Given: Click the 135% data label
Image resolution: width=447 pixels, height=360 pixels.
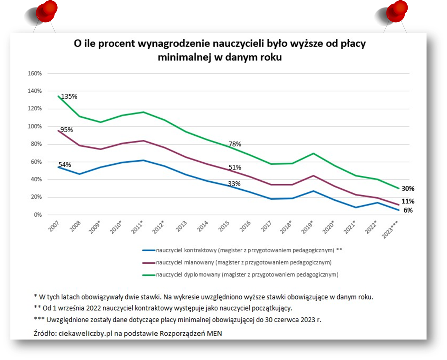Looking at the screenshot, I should tap(69, 96).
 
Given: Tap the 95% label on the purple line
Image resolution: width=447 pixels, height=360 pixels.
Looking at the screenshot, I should tap(66, 130).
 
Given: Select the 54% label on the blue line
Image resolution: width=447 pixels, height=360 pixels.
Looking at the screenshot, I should tap(65, 165).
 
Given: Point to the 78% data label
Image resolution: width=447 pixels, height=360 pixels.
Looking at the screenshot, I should tap(235, 144).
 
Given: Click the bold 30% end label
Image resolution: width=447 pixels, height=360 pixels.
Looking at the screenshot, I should tap(408, 188).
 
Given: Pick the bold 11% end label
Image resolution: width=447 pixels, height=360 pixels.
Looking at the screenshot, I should tap(408, 201).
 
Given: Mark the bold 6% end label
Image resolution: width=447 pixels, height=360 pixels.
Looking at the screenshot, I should tap(408, 210).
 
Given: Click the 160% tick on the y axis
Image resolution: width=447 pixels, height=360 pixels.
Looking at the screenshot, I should tap(35, 73).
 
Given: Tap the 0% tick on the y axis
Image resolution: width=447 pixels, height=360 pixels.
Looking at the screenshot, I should tap(37, 215).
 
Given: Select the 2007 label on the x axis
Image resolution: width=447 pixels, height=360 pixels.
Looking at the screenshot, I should tap(54, 226).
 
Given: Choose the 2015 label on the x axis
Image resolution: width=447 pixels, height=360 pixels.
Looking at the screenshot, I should tap(224, 226).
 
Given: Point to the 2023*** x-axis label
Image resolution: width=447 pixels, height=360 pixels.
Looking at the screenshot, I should tap(390, 229).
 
